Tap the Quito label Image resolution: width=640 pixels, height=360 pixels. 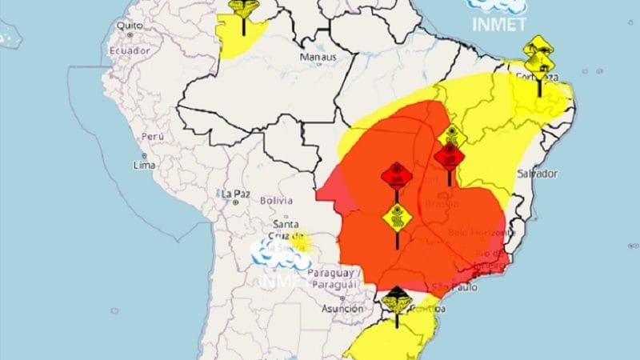tap(129, 26)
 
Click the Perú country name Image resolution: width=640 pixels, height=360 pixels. tap(152, 137)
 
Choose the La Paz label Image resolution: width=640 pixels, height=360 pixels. tap(237, 193)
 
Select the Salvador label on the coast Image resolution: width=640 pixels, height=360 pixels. tap(538, 174)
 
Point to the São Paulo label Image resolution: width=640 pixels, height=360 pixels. tap(450, 286)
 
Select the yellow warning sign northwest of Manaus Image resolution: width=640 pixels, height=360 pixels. tap(243, 7)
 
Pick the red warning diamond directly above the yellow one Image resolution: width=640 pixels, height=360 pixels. tap(396, 174)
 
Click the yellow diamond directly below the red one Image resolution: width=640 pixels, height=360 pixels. tap(397, 215)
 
